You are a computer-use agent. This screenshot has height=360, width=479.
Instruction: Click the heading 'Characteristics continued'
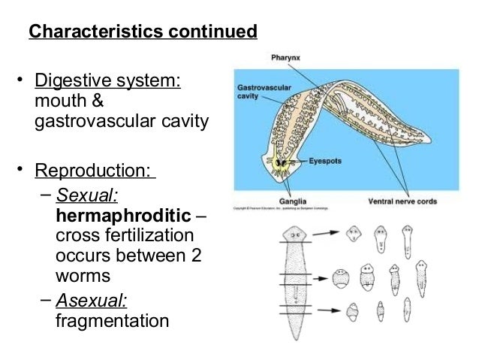[x=143, y=33]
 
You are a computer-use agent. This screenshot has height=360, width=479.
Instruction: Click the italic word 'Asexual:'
[x=92, y=300]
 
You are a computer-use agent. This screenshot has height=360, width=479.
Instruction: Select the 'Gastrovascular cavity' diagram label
[x=253, y=92]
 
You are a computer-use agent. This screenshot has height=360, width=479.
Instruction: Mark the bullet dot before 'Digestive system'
[x=22, y=80]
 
